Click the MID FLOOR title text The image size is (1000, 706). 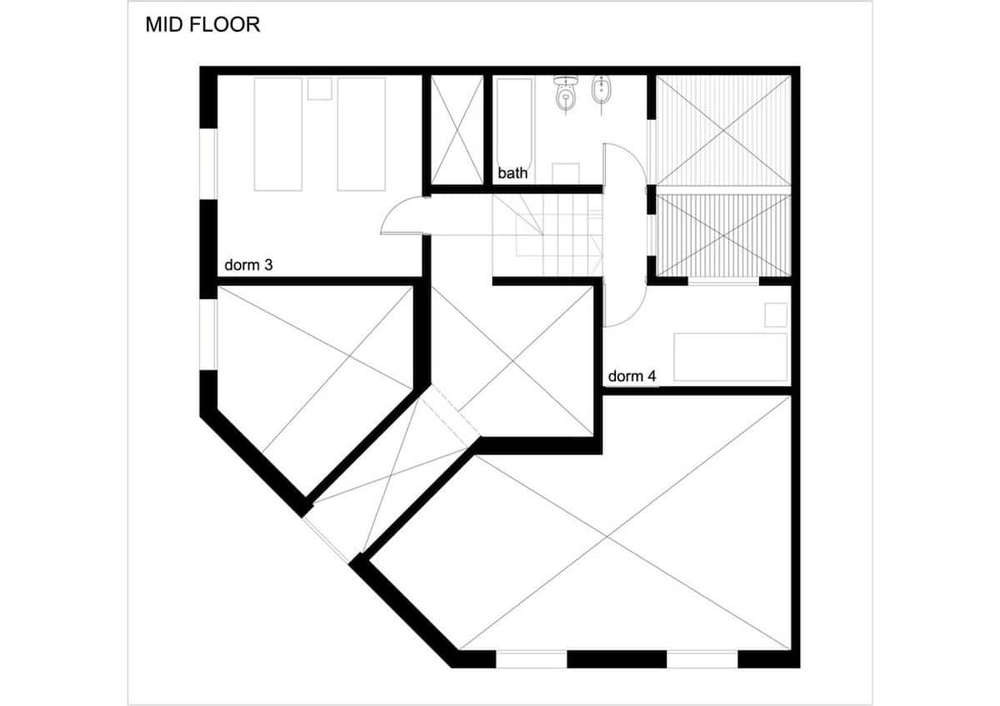[202, 24]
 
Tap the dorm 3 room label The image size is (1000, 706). [248, 265]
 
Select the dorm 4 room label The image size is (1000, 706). [632, 376]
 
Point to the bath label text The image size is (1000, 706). [512, 173]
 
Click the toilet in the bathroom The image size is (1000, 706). [566, 93]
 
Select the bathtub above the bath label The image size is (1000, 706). [515, 122]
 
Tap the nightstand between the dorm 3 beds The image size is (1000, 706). [320, 89]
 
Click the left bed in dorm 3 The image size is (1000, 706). [277, 135]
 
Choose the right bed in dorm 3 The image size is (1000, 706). [362, 135]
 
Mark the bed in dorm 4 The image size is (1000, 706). [730, 357]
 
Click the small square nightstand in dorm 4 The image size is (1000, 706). [776, 315]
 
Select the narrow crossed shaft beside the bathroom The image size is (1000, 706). [457, 129]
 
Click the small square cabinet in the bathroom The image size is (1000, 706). [566, 174]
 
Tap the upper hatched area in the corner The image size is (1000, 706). [723, 130]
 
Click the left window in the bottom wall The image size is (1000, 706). [532, 659]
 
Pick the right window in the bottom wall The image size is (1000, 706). [702, 659]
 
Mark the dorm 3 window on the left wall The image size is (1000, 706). [208, 164]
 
